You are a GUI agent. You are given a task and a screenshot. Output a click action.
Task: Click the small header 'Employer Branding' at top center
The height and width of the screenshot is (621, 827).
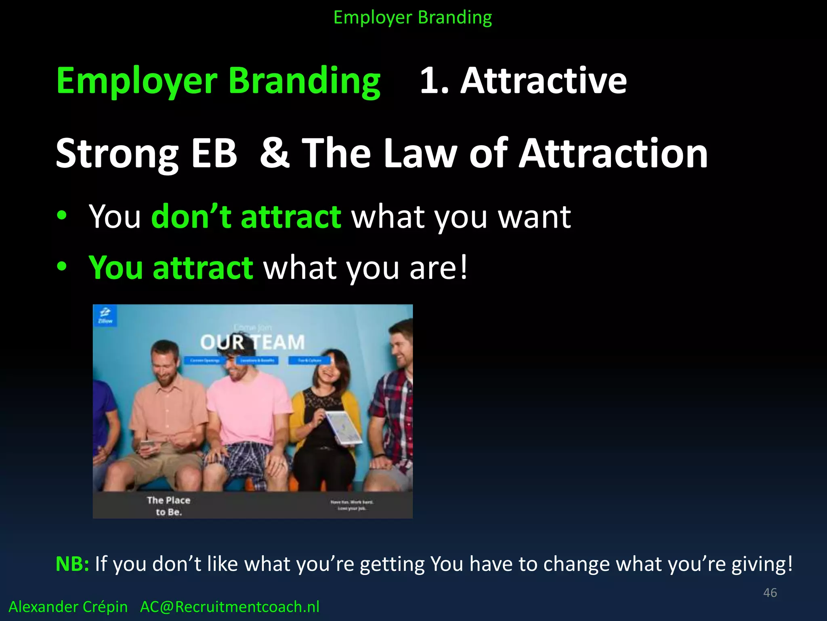(412, 18)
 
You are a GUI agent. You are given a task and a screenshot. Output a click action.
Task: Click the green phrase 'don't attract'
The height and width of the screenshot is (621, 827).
(246, 217)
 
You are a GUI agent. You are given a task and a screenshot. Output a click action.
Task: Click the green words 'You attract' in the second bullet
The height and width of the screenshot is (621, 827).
(171, 267)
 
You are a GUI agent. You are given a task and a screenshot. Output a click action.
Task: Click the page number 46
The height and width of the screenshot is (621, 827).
(770, 593)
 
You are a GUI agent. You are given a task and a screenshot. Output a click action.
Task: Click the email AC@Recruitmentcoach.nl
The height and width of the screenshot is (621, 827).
(229, 607)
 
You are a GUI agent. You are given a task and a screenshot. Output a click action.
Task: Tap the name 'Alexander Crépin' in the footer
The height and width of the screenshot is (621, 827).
(68, 607)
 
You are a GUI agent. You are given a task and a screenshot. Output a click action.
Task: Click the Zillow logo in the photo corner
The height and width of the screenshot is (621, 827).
(105, 315)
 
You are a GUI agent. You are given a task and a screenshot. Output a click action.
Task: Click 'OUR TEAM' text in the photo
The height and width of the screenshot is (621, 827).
(252, 342)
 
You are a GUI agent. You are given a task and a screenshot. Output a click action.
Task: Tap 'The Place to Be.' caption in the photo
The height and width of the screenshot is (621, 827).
(168, 506)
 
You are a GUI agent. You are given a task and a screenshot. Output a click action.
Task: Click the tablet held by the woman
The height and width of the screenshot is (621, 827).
(344, 427)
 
